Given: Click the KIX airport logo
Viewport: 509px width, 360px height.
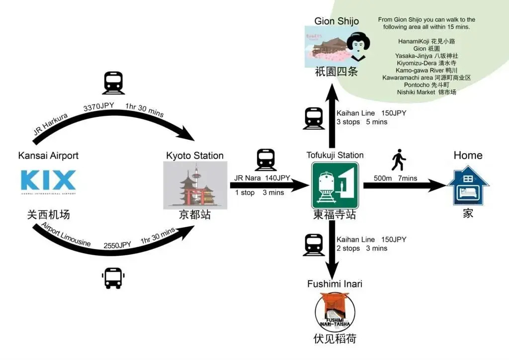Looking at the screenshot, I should coord(48,181).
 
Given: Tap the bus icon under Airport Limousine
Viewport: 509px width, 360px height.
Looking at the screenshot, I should coord(113,278).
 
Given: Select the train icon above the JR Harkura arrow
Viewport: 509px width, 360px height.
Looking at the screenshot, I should coord(113,83).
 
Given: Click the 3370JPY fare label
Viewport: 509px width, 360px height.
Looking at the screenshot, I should coord(99,107).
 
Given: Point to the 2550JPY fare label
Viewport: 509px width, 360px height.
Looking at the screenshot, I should coord(117,245).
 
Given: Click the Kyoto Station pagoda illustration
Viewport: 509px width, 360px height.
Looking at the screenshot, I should coord(195,185).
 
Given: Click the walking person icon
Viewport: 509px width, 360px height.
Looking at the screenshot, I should coord(399,160).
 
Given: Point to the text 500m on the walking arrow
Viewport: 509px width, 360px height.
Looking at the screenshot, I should coord(380,178).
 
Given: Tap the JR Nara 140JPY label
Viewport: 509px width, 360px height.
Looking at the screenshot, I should coord(263,178).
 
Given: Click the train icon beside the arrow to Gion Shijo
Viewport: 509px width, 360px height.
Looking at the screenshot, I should coord(314,118).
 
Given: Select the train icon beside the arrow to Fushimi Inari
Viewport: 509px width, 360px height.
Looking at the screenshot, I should coord(314,244).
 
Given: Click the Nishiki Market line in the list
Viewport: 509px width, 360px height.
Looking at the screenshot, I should coord(426,92).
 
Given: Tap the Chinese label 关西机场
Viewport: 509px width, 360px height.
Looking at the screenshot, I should coord(48,215).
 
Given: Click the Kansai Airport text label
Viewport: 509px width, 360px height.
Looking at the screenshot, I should coord(48,156).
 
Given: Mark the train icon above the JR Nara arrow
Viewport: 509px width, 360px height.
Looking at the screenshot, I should coord(265,160).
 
